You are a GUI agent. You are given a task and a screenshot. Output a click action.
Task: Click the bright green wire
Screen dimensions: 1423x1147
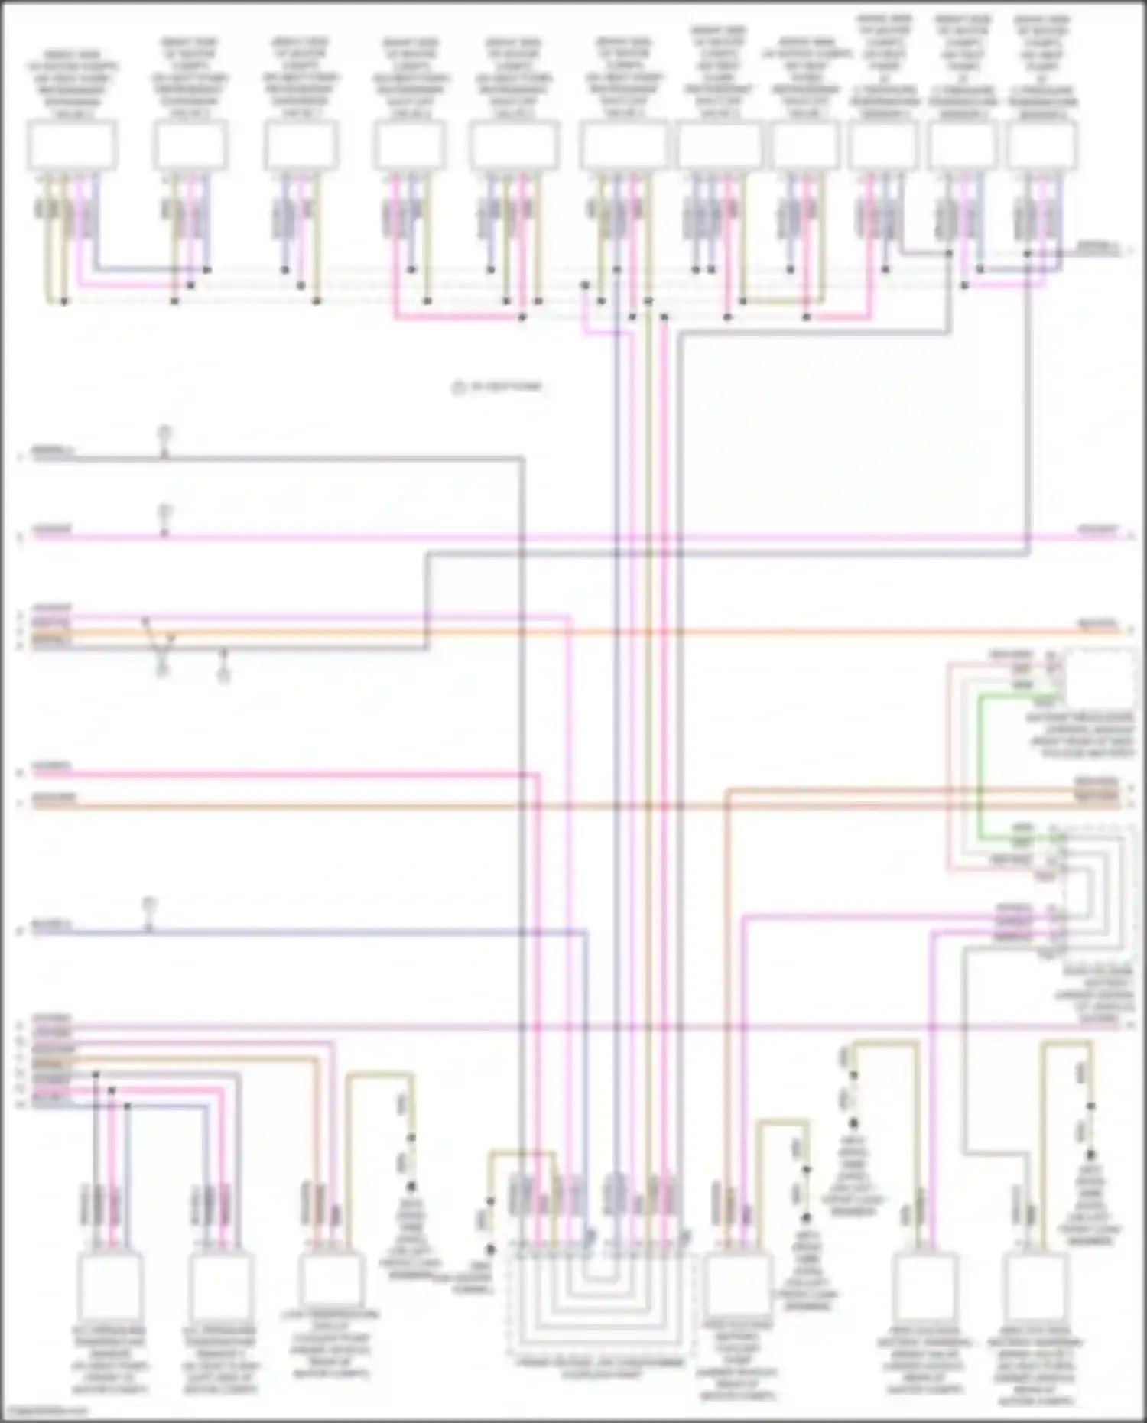980,765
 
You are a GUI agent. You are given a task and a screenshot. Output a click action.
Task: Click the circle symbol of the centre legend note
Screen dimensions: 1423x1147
459,388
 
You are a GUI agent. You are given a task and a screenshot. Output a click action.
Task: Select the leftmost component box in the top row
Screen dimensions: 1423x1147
72,145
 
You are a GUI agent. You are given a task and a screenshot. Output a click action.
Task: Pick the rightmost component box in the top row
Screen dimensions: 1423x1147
1042,145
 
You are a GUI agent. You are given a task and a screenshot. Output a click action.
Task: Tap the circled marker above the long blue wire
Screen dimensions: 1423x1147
150,905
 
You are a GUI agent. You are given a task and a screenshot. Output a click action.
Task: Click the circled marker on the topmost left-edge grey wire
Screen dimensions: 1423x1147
164,434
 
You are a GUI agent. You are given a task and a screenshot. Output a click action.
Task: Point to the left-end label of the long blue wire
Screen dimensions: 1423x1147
50,927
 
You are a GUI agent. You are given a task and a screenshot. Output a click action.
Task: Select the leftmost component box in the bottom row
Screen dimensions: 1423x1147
110,1286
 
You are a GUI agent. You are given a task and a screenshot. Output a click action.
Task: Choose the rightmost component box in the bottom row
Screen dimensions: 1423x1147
1036,1286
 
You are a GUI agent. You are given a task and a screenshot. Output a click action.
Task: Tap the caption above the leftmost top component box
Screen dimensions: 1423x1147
72,84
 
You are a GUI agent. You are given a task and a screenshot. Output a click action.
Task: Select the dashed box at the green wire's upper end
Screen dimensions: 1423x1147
1100,677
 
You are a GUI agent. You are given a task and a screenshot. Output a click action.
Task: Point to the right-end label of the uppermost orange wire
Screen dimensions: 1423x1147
1098,625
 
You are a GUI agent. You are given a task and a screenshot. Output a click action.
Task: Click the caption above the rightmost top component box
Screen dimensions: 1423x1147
1042,65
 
